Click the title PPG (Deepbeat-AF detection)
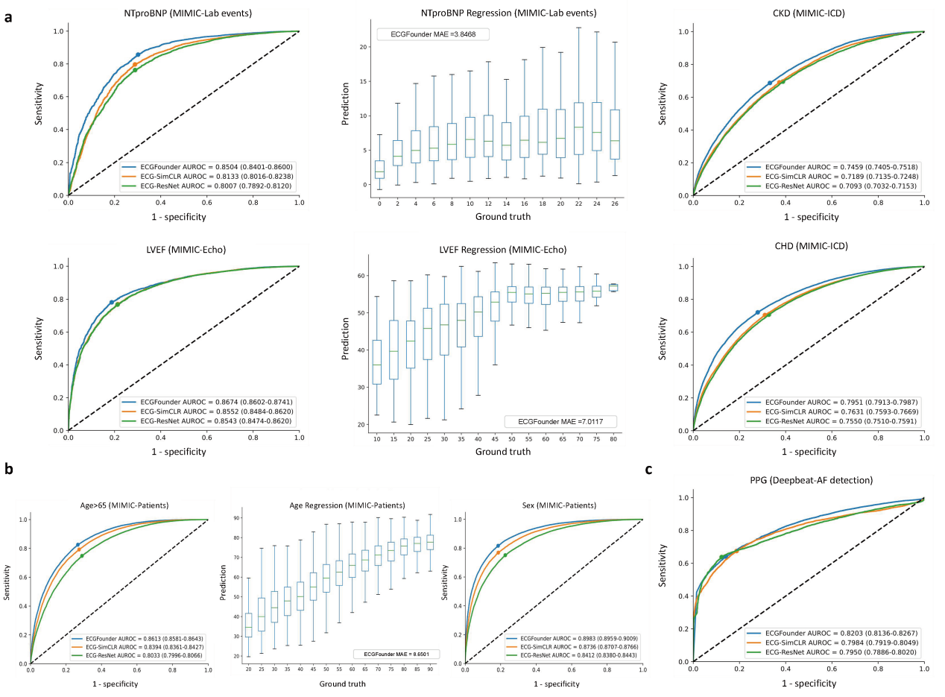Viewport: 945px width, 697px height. click(808, 480)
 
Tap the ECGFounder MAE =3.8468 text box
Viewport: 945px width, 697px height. click(426, 34)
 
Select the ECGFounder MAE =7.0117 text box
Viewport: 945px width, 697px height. click(560, 421)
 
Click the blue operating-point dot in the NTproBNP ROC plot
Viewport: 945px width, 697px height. click(138, 54)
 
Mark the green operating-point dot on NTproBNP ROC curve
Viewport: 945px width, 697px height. click(135, 70)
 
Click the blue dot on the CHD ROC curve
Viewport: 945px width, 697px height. click(758, 312)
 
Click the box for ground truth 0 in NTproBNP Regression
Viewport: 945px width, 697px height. click(379, 171)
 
